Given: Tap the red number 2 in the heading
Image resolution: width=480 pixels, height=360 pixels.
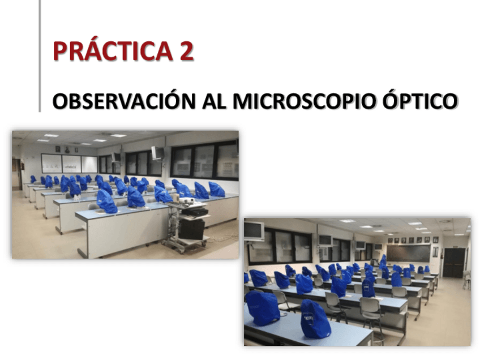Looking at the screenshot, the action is [x=186, y=51].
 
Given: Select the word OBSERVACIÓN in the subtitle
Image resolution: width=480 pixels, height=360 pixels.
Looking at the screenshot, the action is [x=124, y=100].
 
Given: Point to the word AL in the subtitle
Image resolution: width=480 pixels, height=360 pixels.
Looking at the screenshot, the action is [x=215, y=101].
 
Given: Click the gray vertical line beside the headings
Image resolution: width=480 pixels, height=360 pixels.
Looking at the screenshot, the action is [x=40, y=56].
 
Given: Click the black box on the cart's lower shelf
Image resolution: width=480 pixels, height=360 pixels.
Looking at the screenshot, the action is [x=191, y=229].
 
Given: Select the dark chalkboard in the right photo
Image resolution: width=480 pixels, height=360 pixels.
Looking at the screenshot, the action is [x=408, y=254].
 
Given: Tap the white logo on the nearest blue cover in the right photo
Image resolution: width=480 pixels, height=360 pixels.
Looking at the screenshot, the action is [x=308, y=319].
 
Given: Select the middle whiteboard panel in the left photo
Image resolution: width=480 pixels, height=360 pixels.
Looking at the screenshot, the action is [x=72, y=164].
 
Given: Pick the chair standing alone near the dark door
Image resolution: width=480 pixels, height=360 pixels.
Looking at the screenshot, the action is [x=466, y=279].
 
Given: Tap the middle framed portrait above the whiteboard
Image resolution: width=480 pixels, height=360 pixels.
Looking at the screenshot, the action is [x=66, y=149].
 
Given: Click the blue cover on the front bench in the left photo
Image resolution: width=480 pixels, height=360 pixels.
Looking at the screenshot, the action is [x=106, y=202].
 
